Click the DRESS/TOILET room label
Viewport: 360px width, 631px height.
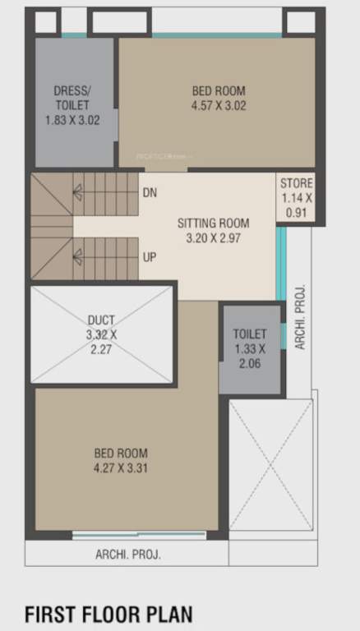pyautogui.click(x=72, y=98)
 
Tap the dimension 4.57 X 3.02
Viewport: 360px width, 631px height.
pyautogui.click(x=219, y=105)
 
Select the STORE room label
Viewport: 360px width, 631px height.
pyautogui.click(x=297, y=182)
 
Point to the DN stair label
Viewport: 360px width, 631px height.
pyautogui.click(x=149, y=193)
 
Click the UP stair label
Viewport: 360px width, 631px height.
pyautogui.click(x=149, y=258)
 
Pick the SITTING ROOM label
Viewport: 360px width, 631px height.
pyautogui.click(x=214, y=223)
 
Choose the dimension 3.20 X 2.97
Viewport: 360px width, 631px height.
pyautogui.click(x=214, y=238)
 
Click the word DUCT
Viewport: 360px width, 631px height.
pyautogui.click(x=102, y=320)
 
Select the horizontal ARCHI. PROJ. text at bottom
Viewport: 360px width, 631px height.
pyautogui.click(x=128, y=555)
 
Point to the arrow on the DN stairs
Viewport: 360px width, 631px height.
pyautogui.click(x=78, y=192)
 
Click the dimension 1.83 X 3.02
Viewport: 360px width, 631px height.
pyautogui.click(x=72, y=119)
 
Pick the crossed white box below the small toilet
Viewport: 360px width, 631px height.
pyautogui.click(x=271, y=465)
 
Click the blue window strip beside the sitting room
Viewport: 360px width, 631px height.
pyautogui.click(x=280, y=263)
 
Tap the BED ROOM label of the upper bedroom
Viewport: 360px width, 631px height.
pyautogui.click(x=219, y=90)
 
